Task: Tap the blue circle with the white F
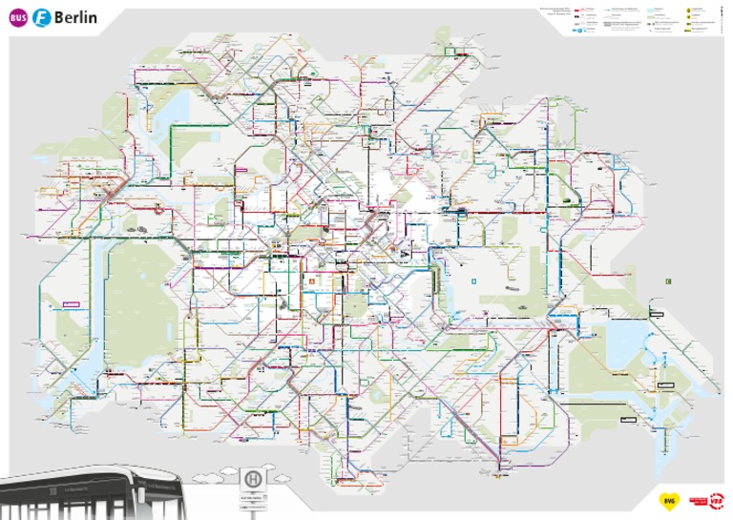(42, 18)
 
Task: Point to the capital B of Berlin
(62, 18)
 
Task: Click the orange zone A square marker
(311, 282)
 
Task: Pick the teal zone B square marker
(472, 281)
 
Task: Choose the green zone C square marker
(668, 281)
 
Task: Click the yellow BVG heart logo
(668, 500)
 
